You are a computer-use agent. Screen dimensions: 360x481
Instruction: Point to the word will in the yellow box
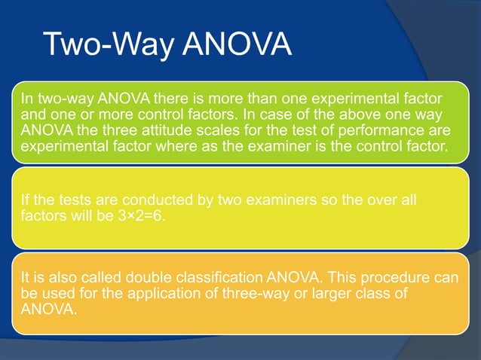(86, 215)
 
